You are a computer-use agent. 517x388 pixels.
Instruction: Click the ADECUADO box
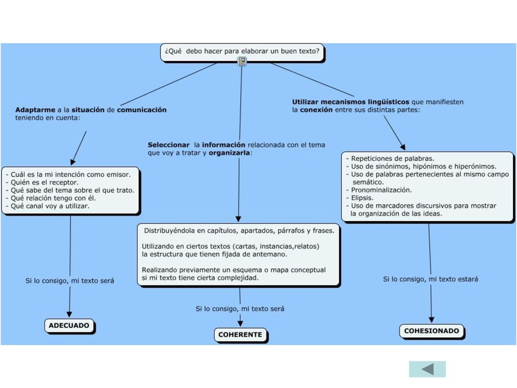point(69,326)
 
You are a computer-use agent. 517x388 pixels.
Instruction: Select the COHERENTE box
point(240,334)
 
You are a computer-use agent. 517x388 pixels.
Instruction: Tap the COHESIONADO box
point(432,331)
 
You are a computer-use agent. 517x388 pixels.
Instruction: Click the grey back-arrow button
point(427,369)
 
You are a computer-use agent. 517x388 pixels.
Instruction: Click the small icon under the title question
point(242,61)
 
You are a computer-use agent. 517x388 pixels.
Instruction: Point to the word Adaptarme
point(35,110)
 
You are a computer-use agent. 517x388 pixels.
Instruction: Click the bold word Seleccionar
point(169,145)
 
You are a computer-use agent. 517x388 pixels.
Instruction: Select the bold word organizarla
point(229,153)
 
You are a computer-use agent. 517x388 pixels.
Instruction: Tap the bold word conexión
point(316,110)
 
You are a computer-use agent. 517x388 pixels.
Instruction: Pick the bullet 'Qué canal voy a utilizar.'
point(47,206)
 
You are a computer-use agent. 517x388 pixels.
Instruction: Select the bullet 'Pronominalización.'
point(379,190)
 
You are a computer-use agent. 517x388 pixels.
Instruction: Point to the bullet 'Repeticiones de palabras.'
point(390,158)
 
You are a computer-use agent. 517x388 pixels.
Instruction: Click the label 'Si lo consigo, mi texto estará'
point(431,279)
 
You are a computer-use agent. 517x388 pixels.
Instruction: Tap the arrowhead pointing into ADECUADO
point(69,314)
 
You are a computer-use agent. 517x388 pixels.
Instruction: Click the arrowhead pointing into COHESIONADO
point(432,320)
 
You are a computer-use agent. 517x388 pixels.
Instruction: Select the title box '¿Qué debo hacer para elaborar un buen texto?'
point(242,53)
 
